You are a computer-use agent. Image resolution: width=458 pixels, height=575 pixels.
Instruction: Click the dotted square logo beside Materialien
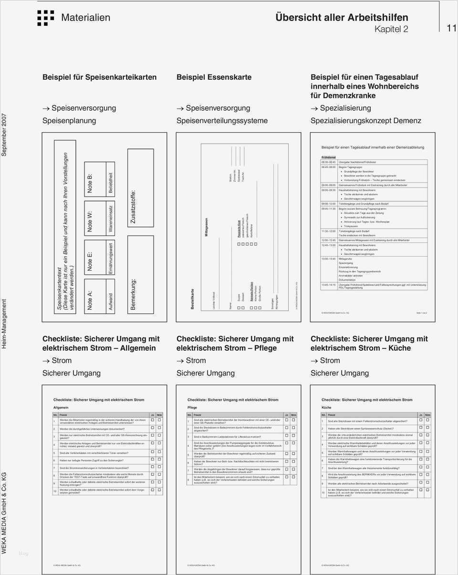pos(45,18)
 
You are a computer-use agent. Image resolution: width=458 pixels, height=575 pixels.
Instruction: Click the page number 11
pos(451,28)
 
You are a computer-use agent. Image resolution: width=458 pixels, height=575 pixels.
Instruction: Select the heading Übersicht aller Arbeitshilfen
pos(342,18)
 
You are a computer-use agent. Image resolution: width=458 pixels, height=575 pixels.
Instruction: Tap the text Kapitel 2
pos(391,29)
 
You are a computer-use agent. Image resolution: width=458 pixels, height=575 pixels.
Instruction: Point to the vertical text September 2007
pos(5,135)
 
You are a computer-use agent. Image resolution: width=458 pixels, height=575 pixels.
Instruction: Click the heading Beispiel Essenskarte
pos(214,77)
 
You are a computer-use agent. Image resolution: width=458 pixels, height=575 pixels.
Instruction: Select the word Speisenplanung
pos(69,121)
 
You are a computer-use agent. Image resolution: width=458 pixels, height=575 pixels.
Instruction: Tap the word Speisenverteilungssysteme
pos(222,121)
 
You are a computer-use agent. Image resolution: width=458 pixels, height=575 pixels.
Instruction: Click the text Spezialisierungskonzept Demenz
pos(366,121)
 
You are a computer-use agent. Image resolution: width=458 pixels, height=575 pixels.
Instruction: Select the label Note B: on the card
pos(90,183)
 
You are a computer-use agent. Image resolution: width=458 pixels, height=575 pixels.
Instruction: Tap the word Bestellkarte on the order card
pos(192,299)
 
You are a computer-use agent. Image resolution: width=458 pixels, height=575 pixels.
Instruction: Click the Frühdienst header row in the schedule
pos(329,157)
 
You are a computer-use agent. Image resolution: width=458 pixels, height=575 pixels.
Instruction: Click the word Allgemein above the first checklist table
pos(61,408)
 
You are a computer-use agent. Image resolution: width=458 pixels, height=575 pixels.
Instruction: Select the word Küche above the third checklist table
pos(326,408)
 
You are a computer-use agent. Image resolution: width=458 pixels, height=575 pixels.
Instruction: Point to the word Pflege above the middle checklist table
pos(192,408)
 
